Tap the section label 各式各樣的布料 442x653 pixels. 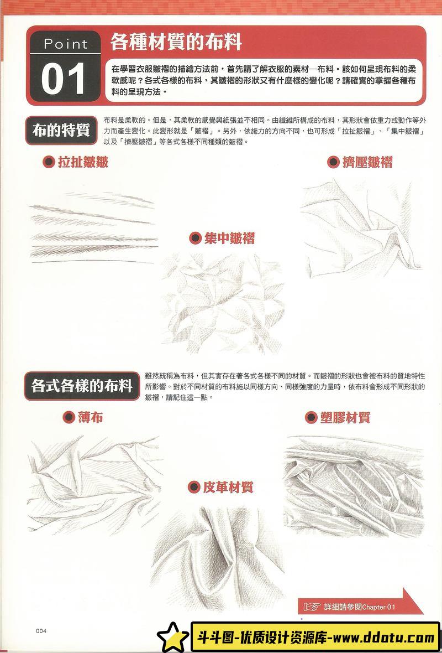pos(82,385)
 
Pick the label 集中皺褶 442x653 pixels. pos(229,239)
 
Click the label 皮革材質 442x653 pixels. pos(228,487)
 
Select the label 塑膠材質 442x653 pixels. pos(345,417)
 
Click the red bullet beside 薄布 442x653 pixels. pos(69,418)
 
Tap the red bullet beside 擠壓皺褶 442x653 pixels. pos(333,162)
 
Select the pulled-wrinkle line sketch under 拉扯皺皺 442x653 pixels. pos(91,227)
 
